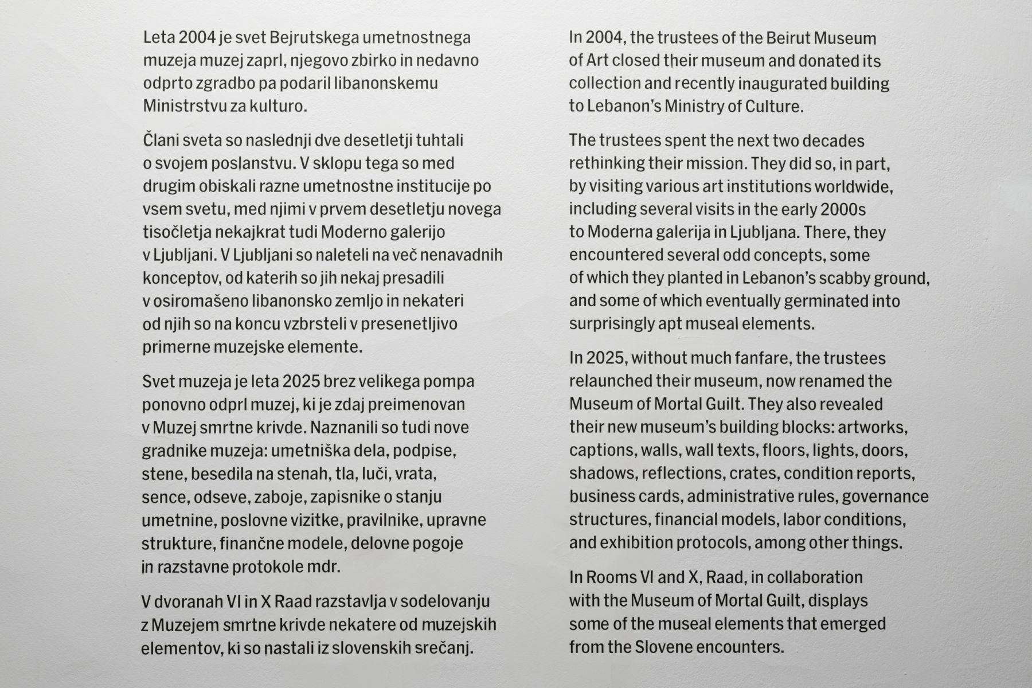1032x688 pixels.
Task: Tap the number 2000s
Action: click(x=843, y=210)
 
